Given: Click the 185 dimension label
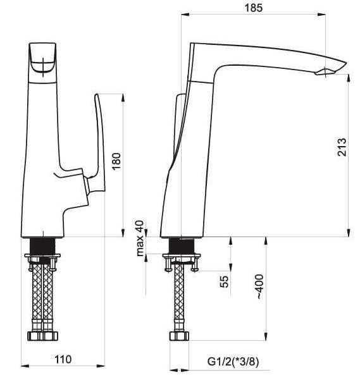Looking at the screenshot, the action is pyautogui.click(x=253, y=8).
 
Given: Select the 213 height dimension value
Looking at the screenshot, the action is pyautogui.click(x=342, y=147).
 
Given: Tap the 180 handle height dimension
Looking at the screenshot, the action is pyautogui.click(x=116, y=161).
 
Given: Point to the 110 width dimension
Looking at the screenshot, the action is pyautogui.click(x=63, y=359).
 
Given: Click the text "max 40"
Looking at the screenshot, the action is pyautogui.click(x=140, y=238).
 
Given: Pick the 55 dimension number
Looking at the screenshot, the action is pyautogui.click(x=224, y=281).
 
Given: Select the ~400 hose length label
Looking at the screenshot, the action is pyautogui.click(x=260, y=286).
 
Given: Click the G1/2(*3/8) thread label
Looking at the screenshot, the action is pyautogui.click(x=233, y=362).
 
